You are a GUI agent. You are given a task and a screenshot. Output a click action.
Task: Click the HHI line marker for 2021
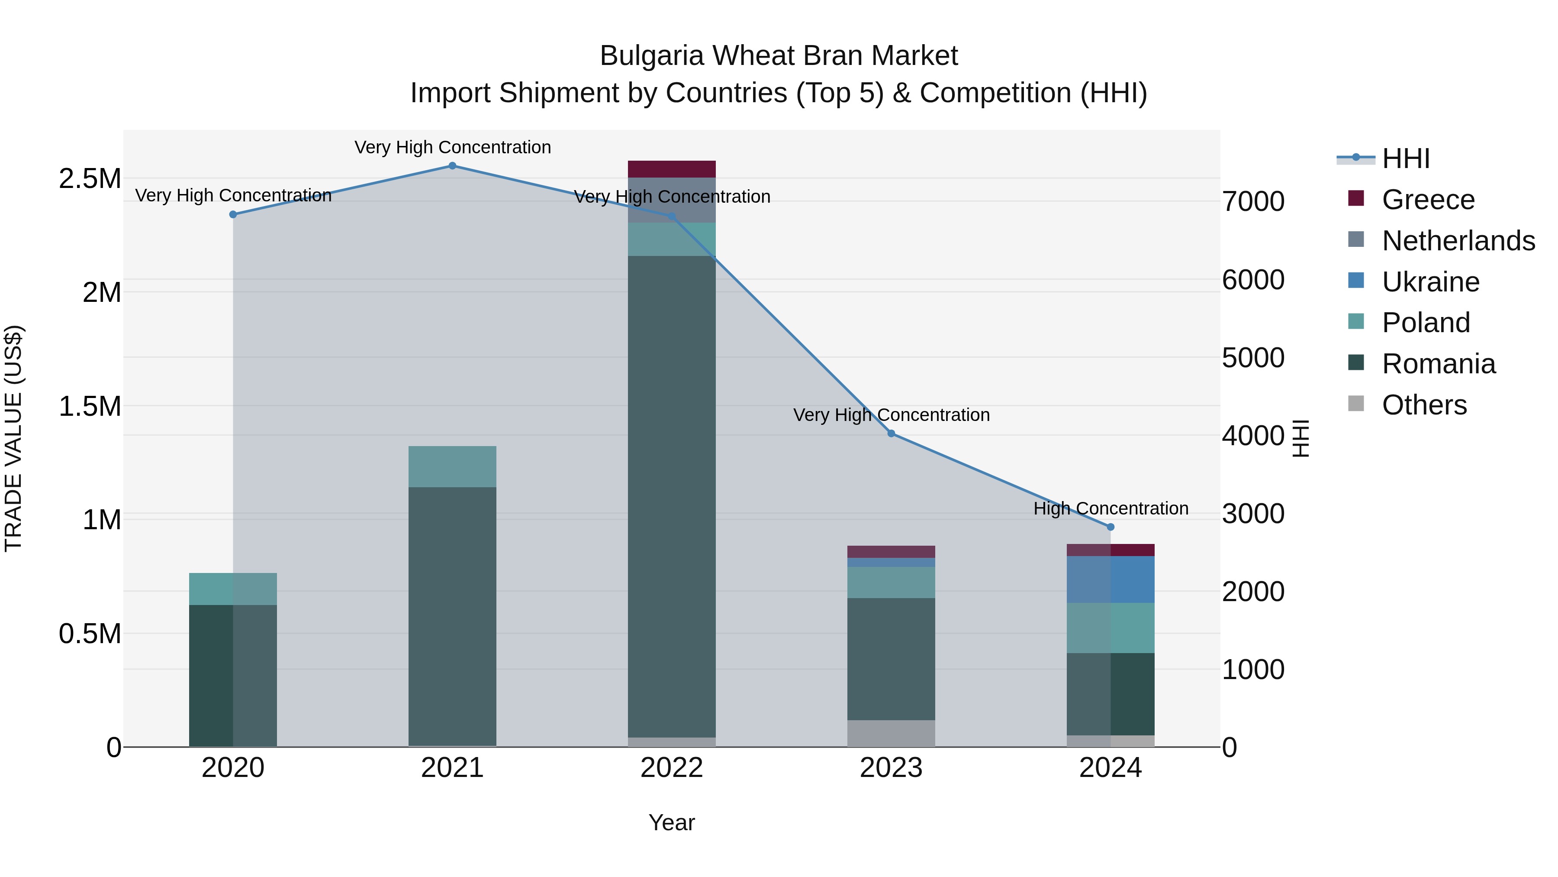click(x=452, y=166)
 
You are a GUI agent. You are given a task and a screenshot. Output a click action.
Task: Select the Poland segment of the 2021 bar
click(x=452, y=466)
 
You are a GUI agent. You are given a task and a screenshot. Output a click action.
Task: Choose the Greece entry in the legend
click(x=1428, y=200)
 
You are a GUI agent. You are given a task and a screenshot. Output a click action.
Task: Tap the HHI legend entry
click(x=1406, y=159)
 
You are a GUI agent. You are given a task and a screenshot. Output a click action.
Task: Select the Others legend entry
click(x=1424, y=405)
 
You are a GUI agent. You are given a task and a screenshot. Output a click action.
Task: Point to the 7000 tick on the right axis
click(x=1253, y=201)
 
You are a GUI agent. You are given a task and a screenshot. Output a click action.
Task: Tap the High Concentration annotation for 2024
click(x=1111, y=508)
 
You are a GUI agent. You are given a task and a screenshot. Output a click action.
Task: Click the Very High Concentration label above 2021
click(x=452, y=147)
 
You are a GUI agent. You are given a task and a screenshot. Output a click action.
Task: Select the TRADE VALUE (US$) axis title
click(x=13, y=438)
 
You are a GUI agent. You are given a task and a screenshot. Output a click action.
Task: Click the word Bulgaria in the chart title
click(x=652, y=56)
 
